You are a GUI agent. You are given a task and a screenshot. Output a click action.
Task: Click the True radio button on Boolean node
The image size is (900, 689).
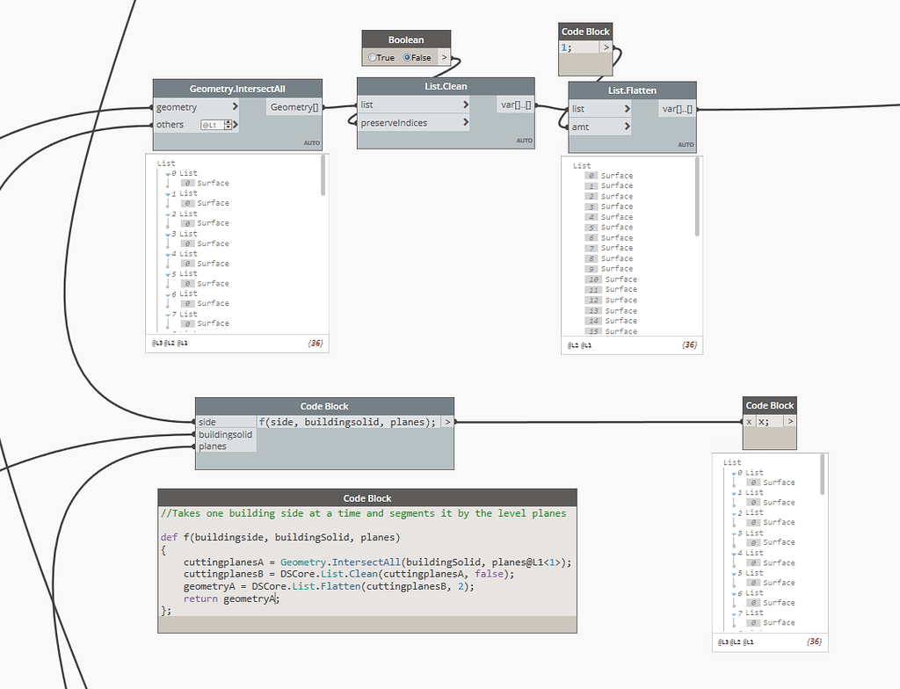374,58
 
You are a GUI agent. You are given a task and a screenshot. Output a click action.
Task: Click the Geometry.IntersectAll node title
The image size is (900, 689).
237,89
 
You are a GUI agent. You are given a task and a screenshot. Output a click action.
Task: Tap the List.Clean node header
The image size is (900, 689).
446,86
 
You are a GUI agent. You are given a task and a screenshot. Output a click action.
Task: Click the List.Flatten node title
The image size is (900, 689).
632,91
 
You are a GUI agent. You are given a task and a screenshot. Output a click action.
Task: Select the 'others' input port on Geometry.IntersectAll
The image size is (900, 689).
171,125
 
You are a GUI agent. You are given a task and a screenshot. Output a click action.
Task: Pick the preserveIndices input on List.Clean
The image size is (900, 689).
394,123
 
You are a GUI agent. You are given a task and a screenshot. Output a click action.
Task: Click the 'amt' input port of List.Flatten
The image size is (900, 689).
580,127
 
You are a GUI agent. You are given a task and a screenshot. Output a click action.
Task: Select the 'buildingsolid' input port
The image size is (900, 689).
225,434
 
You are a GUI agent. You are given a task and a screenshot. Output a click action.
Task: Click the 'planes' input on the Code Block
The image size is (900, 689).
213,446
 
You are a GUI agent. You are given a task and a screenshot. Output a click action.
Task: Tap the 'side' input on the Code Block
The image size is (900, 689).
207,423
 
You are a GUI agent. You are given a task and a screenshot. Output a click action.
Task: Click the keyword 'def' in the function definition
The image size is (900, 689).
169,537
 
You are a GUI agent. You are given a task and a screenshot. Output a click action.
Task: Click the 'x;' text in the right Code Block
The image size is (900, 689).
764,422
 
